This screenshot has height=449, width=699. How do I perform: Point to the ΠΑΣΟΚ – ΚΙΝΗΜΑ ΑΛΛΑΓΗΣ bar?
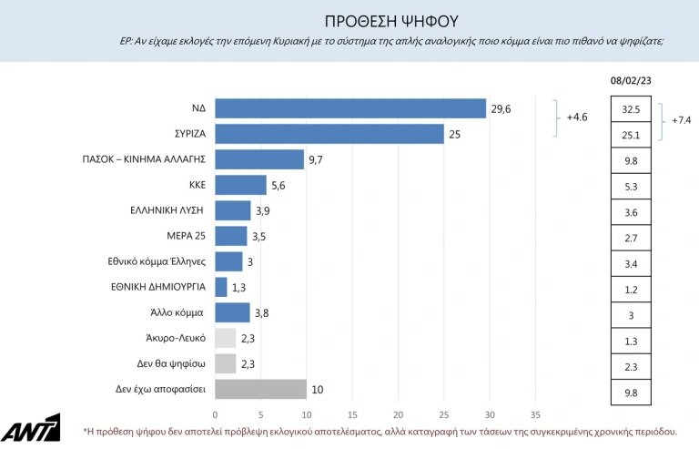point(258,159)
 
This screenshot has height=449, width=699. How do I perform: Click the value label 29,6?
point(501,108)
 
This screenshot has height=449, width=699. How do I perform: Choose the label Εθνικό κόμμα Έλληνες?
point(157,261)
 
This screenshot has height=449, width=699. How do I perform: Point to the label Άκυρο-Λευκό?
point(180,338)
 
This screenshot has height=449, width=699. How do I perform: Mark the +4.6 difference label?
point(579,117)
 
